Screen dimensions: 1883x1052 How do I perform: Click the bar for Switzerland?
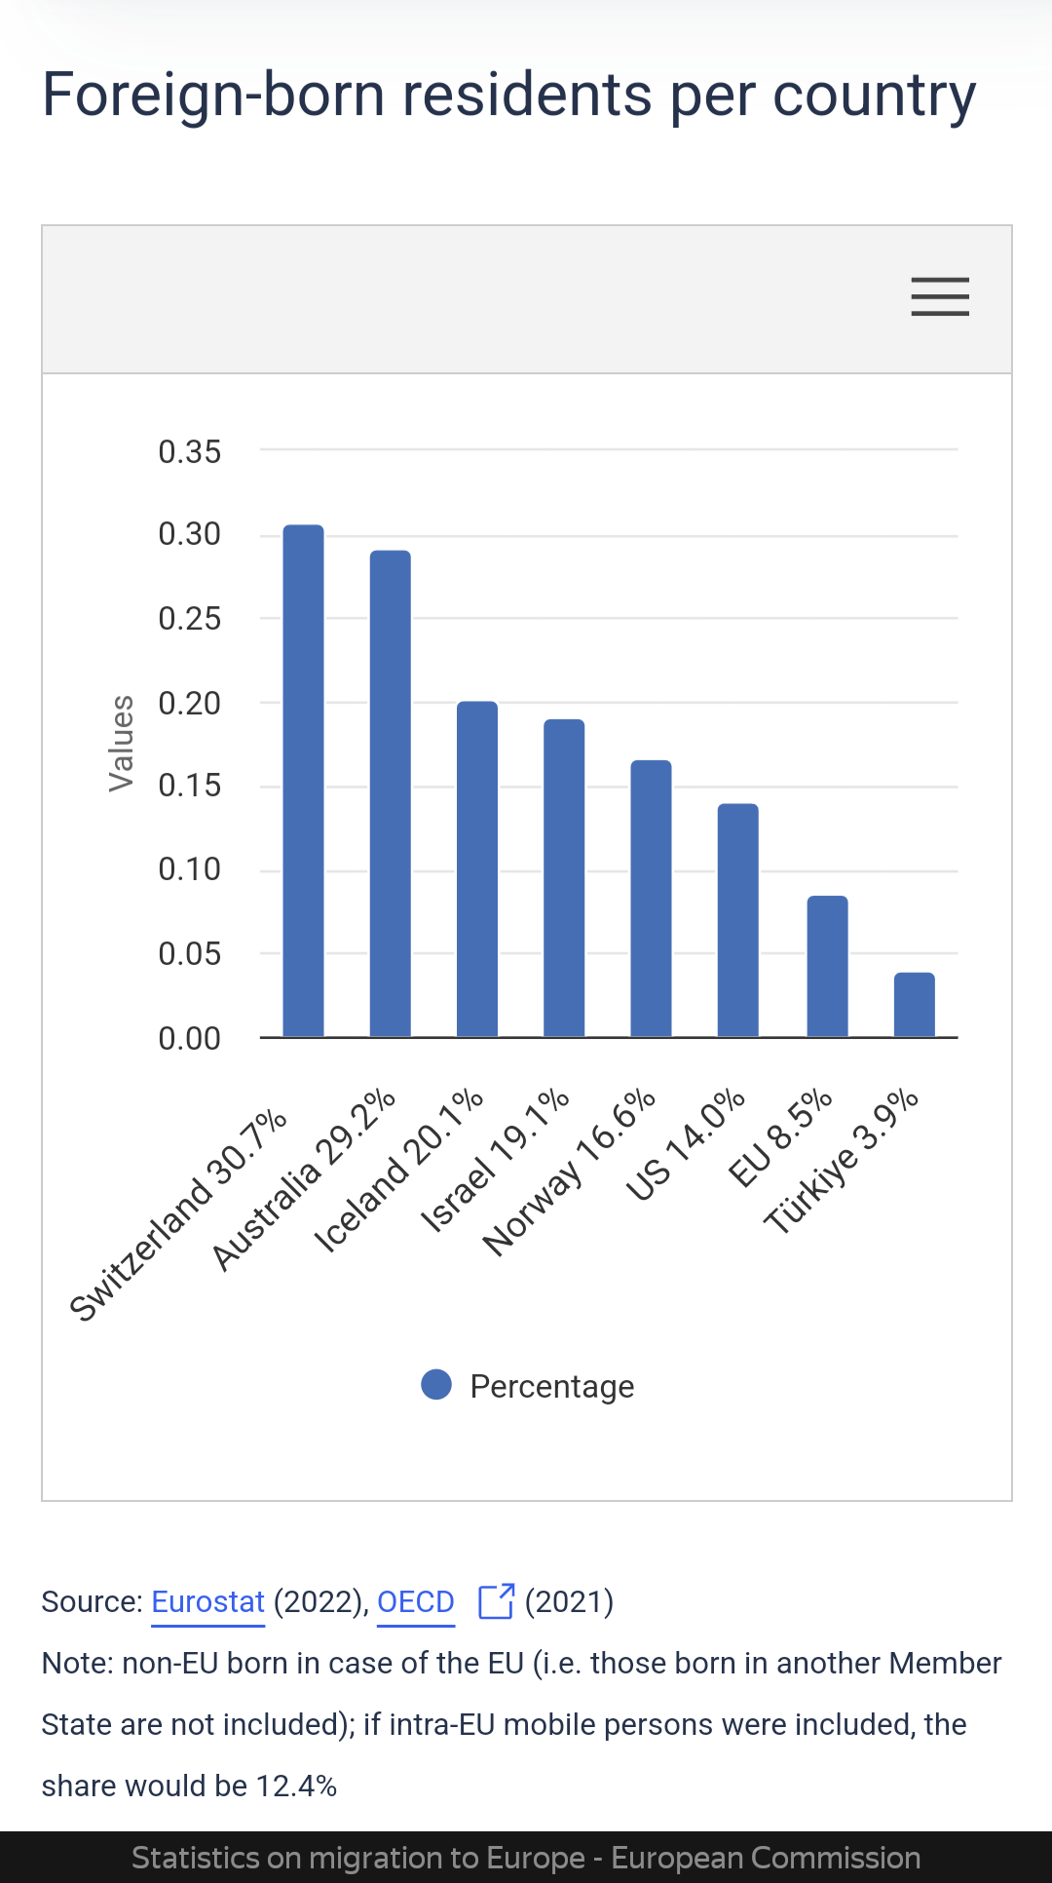pos(303,780)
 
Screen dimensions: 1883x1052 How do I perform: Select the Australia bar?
pos(390,793)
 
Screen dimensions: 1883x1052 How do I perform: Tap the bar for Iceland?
pos(477,868)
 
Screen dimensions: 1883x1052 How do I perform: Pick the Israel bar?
pos(564,877)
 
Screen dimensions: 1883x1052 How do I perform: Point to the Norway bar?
pos(651,898)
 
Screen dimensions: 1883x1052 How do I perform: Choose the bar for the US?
pos(738,920)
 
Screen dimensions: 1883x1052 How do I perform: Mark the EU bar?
pos(827,966)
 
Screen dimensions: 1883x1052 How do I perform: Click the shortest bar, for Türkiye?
pos(914,1005)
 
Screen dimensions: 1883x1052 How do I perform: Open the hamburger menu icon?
pos(940,296)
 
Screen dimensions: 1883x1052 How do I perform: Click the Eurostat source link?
pos(207,1602)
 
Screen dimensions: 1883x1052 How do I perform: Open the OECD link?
pos(416,1602)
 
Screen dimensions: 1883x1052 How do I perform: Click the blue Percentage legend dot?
pos(436,1385)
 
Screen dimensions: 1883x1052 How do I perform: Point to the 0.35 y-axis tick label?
pos(190,452)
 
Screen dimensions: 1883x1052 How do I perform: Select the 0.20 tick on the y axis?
pos(190,703)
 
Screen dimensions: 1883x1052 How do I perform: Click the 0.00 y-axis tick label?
pos(190,1039)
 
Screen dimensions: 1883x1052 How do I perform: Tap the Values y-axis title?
pos(121,743)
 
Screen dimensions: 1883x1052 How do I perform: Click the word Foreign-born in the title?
pos(213,96)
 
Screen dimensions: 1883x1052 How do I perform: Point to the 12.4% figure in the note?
pos(296,1787)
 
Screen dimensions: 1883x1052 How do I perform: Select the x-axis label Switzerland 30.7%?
pos(178,1215)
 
